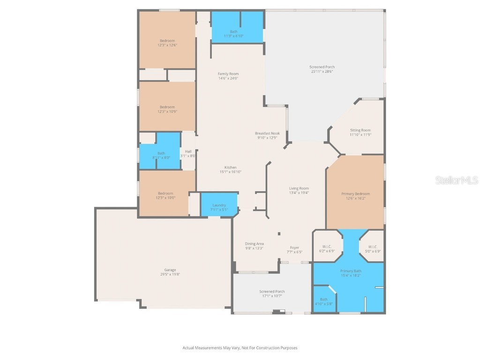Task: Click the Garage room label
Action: [x=170, y=270]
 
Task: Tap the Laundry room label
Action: [x=219, y=205]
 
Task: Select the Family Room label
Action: [x=228, y=74]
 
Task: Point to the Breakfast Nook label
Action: [x=267, y=133]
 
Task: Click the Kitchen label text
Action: [x=230, y=167]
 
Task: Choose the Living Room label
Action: [x=299, y=188]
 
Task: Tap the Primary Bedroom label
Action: [x=355, y=194]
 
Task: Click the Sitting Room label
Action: [x=360, y=130]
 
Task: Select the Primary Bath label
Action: [x=351, y=271]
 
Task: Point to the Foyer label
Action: [x=294, y=247]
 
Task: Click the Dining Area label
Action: [x=255, y=244]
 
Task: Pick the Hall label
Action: [x=188, y=151]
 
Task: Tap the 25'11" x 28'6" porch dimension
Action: [x=323, y=72]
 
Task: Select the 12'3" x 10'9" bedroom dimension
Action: [x=167, y=112]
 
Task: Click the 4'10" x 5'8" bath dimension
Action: [x=323, y=304]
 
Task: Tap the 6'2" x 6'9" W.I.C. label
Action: [x=327, y=251]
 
